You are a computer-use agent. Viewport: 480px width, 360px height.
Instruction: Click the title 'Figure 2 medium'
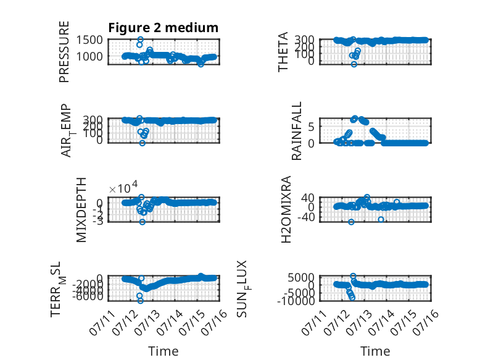point(163,28)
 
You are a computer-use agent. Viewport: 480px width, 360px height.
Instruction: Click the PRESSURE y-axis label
point(64,52)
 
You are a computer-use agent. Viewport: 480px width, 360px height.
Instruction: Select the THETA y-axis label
point(283,52)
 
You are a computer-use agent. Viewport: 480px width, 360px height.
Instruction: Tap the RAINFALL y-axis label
point(297,131)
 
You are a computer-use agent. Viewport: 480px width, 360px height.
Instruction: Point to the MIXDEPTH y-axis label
point(81,210)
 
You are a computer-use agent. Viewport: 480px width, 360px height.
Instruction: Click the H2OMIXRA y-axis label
point(286,209)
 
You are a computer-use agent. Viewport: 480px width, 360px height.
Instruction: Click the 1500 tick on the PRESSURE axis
point(89,40)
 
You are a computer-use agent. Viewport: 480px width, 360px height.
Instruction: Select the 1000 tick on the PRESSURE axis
point(89,56)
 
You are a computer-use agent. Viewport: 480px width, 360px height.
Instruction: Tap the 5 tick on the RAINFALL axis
point(312,127)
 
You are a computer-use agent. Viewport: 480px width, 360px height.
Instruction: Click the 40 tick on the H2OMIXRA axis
point(308,198)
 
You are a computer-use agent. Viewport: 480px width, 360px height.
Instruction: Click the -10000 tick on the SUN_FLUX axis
point(296,301)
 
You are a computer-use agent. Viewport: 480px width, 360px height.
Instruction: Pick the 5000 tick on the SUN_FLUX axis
point(302,278)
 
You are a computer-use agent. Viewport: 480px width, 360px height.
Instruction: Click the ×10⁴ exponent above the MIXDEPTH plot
point(123,187)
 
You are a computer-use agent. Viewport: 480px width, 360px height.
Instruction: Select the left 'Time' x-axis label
point(163,351)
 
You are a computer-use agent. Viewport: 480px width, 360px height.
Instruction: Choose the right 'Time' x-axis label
point(375,351)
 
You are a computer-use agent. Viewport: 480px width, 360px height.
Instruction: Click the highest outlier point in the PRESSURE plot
point(141,40)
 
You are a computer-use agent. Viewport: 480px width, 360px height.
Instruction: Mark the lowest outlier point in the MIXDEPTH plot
point(143,222)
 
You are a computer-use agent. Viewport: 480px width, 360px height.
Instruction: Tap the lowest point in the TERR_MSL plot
point(141,301)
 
